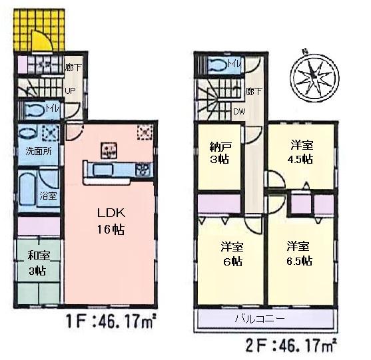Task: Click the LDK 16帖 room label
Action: (x=108, y=223)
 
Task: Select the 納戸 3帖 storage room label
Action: (x=217, y=153)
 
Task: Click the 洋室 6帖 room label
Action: (x=232, y=253)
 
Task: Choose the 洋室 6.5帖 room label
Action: (x=300, y=253)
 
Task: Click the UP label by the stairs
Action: (x=69, y=92)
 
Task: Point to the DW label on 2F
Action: (x=238, y=111)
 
